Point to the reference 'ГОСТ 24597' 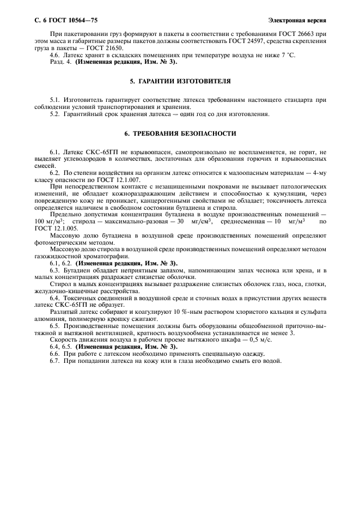(242, 41)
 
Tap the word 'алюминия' (50, 318)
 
